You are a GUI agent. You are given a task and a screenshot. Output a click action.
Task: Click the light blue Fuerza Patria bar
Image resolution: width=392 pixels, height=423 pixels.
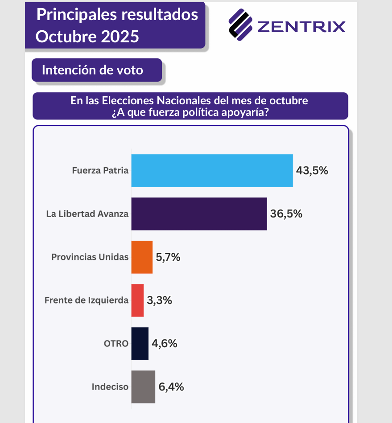(x=212, y=171)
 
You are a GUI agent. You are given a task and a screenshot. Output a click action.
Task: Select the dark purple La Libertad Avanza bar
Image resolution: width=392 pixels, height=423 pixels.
(x=199, y=214)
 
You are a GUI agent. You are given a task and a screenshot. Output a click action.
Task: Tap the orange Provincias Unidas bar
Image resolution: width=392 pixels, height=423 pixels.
(x=142, y=257)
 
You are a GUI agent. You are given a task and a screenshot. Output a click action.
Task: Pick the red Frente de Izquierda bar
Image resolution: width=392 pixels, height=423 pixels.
(x=137, y=300)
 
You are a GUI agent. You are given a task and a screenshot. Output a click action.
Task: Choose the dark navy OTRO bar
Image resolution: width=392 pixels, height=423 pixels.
(x=140, y=344)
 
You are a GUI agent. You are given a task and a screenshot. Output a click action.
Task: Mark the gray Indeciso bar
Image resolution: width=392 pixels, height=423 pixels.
(x=143, y=387)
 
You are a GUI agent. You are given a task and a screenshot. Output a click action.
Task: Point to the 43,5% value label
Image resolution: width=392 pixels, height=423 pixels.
(x=312, y=171)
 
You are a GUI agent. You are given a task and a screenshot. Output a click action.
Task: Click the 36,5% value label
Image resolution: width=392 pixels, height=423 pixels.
(x=286, y=214)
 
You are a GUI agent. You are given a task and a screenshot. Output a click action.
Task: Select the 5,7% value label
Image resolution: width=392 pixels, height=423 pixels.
(x=168, y=257)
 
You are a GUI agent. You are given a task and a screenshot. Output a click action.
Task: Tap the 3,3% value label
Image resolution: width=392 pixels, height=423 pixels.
(x=160, y=300)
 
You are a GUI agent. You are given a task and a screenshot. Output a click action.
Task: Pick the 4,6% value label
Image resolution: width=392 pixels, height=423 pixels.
(x=165, y=344)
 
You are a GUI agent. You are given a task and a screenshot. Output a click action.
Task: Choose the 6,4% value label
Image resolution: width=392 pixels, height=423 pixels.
(x=171, y=387)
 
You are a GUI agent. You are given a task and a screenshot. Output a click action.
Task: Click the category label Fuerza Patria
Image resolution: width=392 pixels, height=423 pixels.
(x=100, y=171)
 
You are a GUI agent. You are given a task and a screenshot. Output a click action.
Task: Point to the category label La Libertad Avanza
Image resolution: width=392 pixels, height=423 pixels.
(x=87, y=214)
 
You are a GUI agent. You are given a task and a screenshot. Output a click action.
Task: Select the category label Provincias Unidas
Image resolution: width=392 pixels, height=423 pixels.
(x=90, y=257)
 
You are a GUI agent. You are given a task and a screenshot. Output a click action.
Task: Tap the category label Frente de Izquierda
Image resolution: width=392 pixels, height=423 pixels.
(x=87, y=300)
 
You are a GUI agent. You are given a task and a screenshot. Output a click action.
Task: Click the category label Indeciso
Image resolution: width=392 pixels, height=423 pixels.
(x=110, y=387)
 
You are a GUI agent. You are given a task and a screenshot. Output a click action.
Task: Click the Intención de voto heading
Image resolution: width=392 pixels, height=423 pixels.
(x=92, y=70)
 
